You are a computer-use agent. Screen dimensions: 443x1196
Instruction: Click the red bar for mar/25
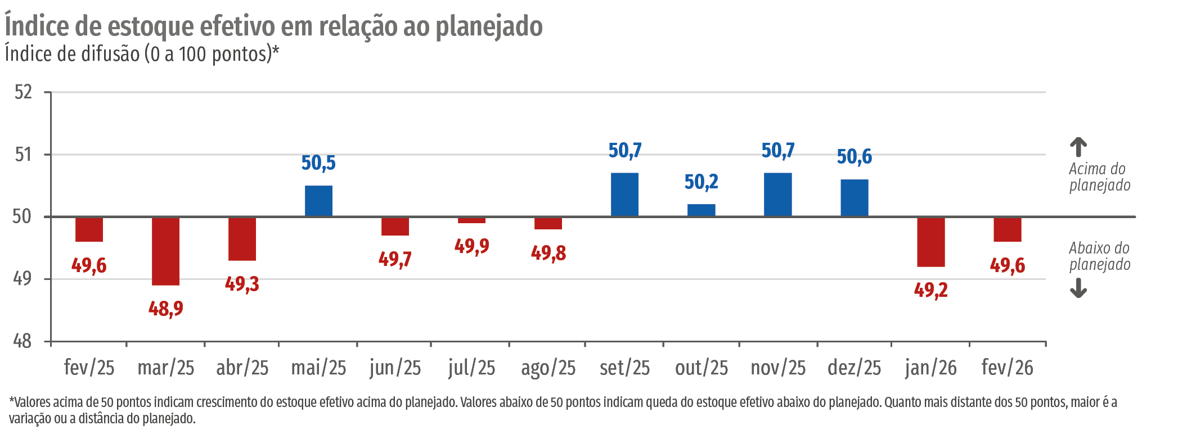[165, 251]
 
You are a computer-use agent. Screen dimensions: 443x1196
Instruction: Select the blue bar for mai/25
[318, 201]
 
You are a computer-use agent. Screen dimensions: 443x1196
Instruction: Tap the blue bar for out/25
[701, 210]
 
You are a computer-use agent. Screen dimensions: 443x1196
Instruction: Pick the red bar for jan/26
[930, 242]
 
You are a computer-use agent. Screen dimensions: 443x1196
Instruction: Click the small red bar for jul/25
[471, 220]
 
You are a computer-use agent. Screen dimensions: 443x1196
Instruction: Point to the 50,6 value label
[854, 157]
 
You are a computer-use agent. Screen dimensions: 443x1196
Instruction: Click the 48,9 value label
[165, 309]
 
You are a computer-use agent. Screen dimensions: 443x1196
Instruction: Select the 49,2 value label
[930, 290]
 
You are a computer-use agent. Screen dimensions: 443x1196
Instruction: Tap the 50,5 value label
[318, 163]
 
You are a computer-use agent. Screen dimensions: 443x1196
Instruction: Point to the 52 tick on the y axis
[23, 92]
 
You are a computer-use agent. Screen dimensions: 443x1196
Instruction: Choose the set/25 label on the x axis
[624, 368]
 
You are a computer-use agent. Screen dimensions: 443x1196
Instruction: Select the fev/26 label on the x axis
[1007, 368]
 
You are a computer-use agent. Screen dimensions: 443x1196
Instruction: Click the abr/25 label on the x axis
[242, 368]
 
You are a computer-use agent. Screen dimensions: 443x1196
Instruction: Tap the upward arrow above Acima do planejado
[1078, 147]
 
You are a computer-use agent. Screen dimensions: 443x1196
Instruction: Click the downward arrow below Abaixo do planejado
[1078, 288]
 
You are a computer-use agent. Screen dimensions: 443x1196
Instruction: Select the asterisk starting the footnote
[11, 401]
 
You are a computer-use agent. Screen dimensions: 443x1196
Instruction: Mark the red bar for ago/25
[548, 223]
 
